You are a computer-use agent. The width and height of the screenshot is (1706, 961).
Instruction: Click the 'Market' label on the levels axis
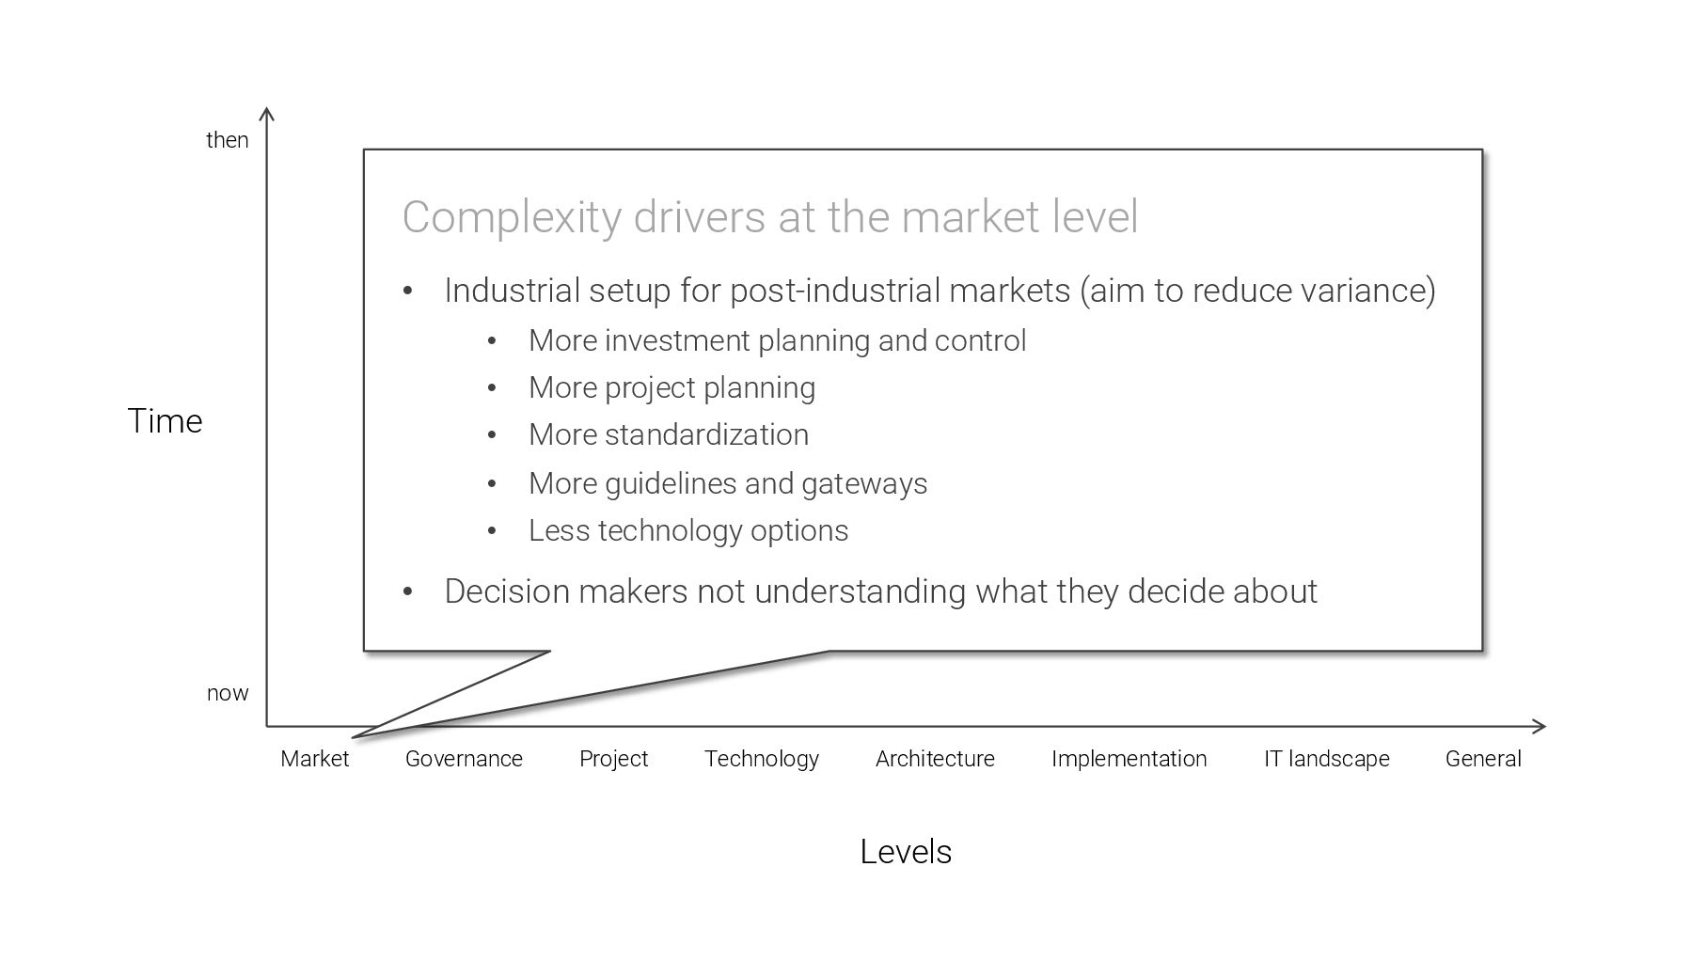click(314, 759)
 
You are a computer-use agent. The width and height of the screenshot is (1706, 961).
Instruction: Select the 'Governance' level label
click(464, 759)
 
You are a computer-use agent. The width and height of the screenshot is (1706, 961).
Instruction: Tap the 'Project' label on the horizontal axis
click(613, 759)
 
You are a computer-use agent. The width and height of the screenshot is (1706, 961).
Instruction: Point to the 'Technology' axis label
click(762, 759)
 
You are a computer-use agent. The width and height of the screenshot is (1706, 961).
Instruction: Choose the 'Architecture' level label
click(935, 759)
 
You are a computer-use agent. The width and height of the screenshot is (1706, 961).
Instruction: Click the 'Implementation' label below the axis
click(1129, 759)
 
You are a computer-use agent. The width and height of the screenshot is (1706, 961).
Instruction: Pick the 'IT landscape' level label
click(1326, 759)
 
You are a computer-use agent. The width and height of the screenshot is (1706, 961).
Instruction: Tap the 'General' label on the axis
click(1483, 759)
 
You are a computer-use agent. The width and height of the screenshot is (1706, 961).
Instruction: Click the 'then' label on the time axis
click(228, 140)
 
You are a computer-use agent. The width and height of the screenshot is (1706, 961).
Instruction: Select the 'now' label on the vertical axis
click(228, 694)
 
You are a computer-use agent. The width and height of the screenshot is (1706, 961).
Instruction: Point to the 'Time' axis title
click(165, 421)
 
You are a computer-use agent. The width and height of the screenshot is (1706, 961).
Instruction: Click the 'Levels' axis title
click(906, 852)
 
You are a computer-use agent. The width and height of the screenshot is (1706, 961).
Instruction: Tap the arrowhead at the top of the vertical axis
click(267, 114)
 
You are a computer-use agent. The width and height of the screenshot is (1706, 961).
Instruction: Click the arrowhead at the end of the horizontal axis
click(1540, 726)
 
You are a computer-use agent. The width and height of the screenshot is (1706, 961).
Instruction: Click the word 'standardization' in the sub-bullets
click(706, 434)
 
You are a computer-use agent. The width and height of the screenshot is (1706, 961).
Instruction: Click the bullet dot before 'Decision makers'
click(408, 592)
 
